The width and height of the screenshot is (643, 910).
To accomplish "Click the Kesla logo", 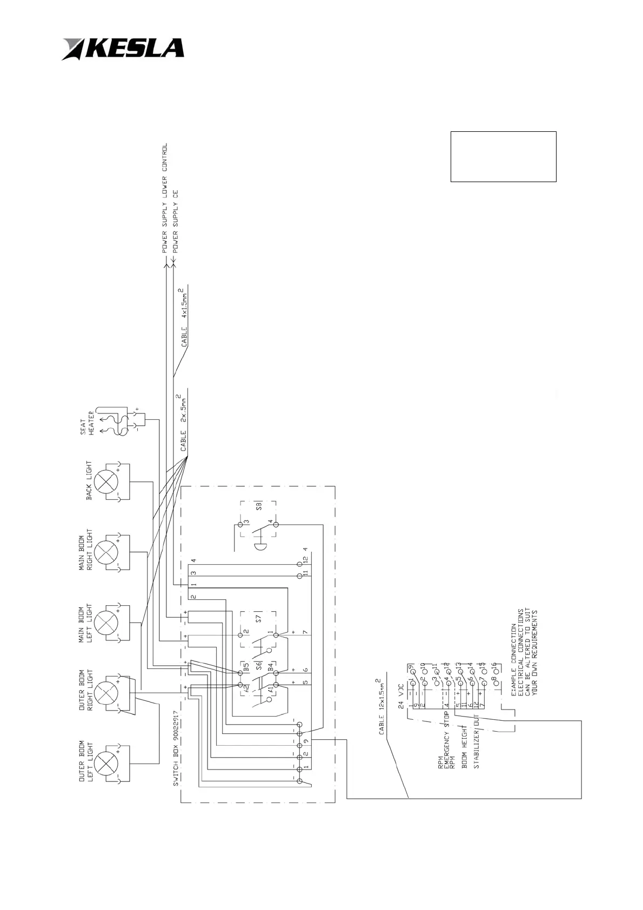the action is pos(123,49).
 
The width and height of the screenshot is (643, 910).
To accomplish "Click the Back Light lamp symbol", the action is pos(107,480).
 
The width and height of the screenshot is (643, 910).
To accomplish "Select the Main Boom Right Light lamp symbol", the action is pos(107,552).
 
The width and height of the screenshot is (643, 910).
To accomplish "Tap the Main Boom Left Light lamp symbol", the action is pos(107,623).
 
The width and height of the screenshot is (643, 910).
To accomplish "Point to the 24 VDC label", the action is pos(401,696).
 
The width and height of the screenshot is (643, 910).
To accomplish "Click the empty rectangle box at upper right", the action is pos(503,156).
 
